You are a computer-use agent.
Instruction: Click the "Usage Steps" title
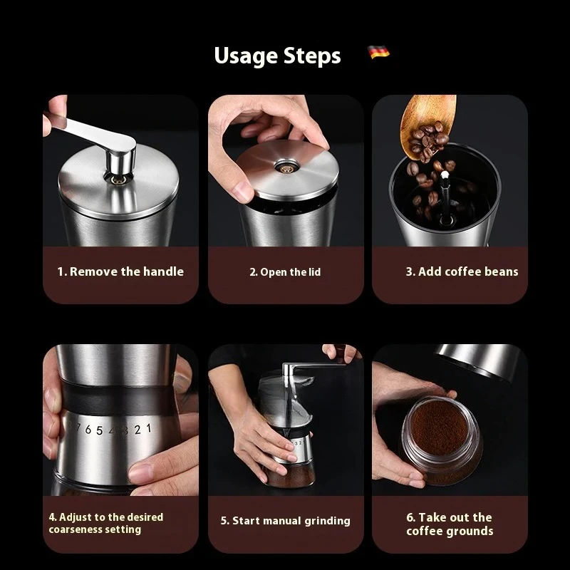(x=277, y=56)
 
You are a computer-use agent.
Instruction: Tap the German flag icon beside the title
(x=378, y=53)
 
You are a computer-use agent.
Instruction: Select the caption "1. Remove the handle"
(x=120, y=271)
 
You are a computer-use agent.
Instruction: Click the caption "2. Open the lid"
(x=285, y=272)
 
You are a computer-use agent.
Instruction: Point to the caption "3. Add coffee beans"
(x=462, y=271)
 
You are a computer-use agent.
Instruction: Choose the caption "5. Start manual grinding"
(x=285, y=521)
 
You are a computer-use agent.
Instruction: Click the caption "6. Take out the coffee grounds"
(x=450, y=524)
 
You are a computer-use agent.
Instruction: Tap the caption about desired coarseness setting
(x=106, y=523)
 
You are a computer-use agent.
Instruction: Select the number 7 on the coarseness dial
(x=79, y=430)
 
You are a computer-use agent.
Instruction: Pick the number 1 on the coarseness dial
(x=147, y=428)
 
